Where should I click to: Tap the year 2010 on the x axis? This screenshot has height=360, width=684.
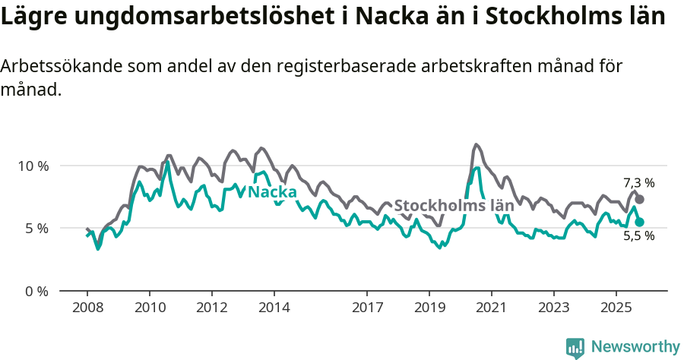click(149, 308)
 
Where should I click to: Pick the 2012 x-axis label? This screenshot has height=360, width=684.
click(211, 308)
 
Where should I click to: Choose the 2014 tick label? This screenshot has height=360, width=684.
click(274, 308)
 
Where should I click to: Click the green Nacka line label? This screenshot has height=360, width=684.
click(272, 192)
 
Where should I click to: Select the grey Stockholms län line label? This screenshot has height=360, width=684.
click(454, 206)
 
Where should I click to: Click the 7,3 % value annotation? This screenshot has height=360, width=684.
click(638, 183)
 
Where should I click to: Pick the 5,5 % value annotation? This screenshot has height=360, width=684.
click(638, 236)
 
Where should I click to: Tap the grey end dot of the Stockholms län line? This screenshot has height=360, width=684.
click(640, 199)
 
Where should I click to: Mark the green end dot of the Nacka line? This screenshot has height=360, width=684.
click(640, 222)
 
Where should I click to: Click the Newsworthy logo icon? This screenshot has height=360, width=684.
click(575, 347)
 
